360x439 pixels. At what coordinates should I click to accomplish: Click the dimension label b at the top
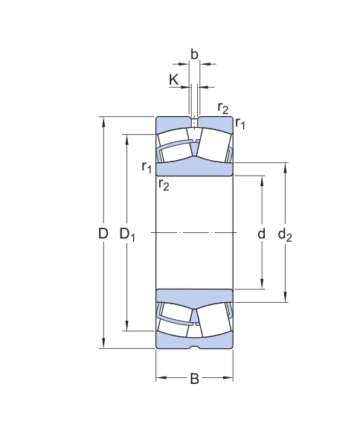tap(194, 54)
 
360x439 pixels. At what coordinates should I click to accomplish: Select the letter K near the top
tap(174, 79)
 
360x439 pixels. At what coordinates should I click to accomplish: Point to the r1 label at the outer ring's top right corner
tap(240, 124)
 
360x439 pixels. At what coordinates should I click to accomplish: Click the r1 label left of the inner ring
tap(147, 166)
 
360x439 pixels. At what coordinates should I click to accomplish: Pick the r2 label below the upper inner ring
tap(164, 185)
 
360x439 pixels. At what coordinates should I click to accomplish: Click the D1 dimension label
tap(128, 234)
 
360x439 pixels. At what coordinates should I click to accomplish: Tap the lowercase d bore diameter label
tap(261, 234)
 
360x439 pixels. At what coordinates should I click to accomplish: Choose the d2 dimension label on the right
tap(285, 235)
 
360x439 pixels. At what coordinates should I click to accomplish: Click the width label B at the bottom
tap(194, 379)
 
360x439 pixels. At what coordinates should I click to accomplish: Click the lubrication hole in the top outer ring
tap(194, 121)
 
